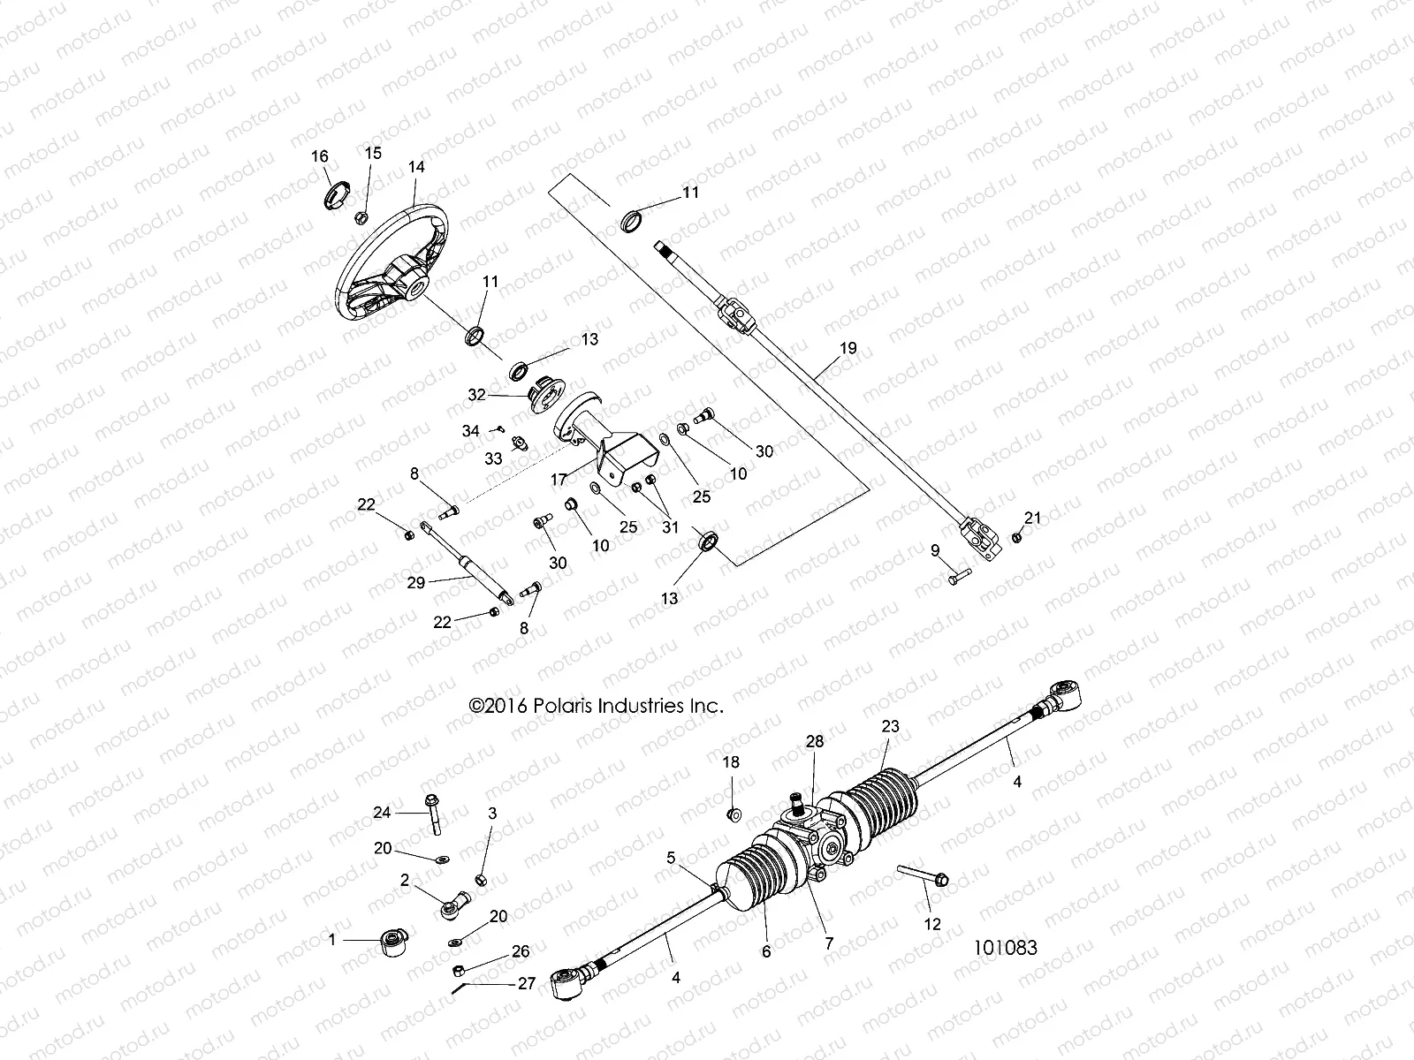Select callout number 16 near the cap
click(x=319, y=156)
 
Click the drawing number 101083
click(x=1005, y=947)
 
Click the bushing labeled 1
click(x=390, y=943)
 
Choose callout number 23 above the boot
click(x=889, y=727)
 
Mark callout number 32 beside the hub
click(x=476, y=395)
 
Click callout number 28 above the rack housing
click(x=814, y=742)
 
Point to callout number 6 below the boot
click(x=766, y=951)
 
